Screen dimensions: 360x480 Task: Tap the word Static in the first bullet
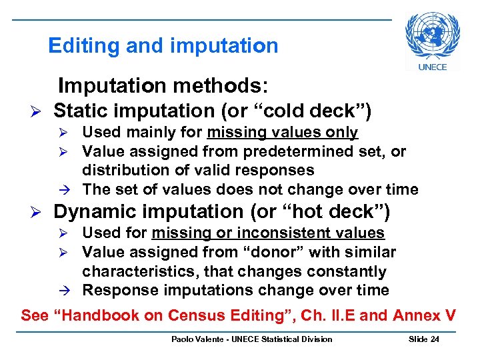(83, 110)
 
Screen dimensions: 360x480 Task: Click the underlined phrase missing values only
(282, 133)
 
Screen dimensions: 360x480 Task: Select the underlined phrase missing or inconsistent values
(268, 233)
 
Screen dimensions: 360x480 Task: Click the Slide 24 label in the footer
(423, 339)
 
